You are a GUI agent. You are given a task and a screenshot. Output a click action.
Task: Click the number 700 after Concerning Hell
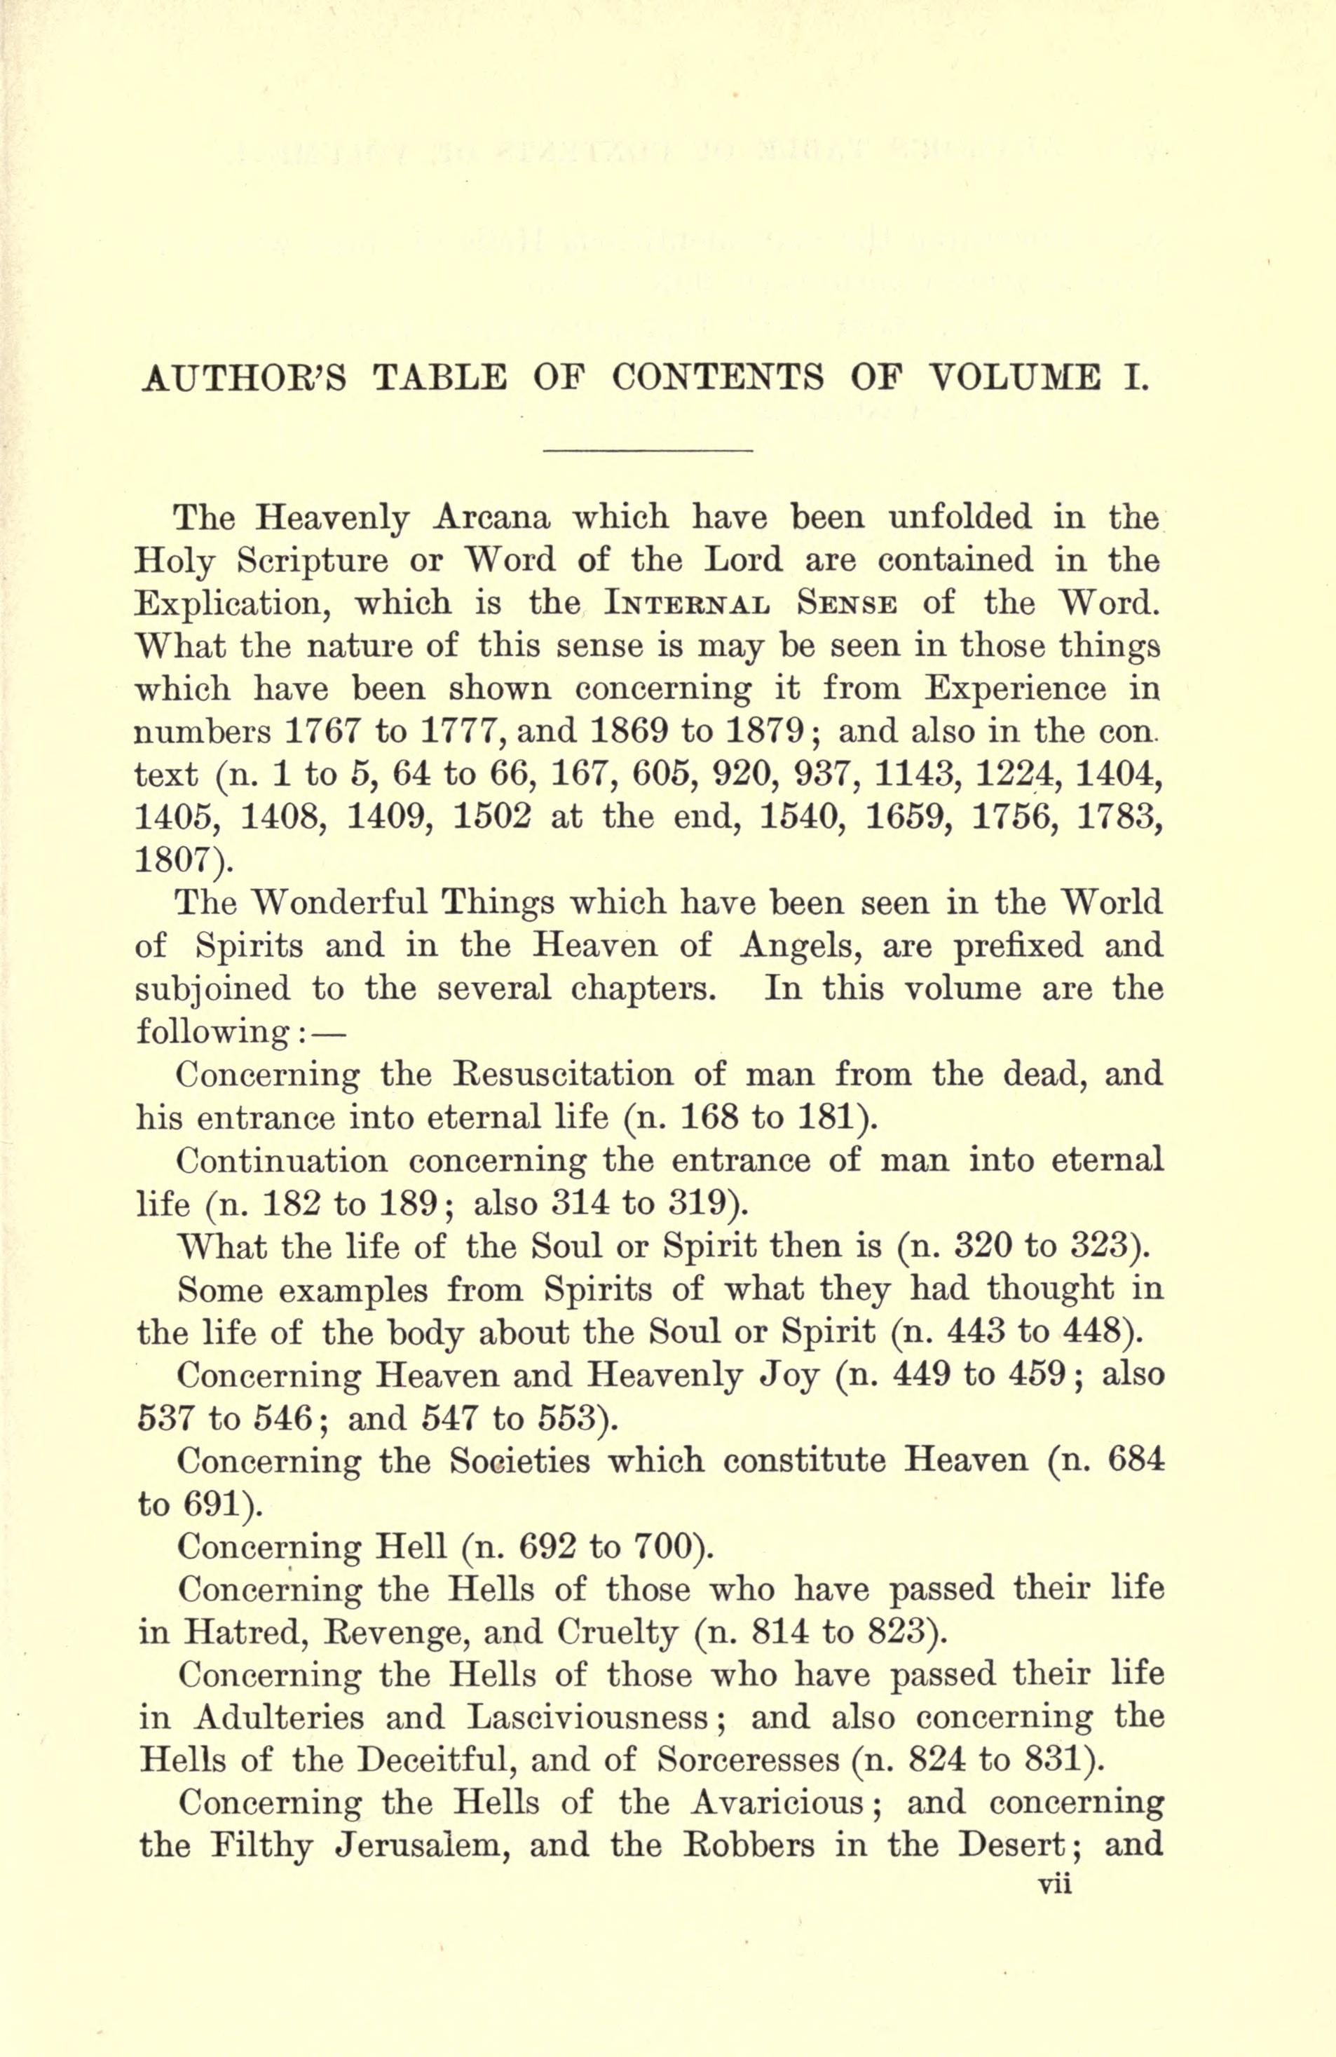(665, 1546)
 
